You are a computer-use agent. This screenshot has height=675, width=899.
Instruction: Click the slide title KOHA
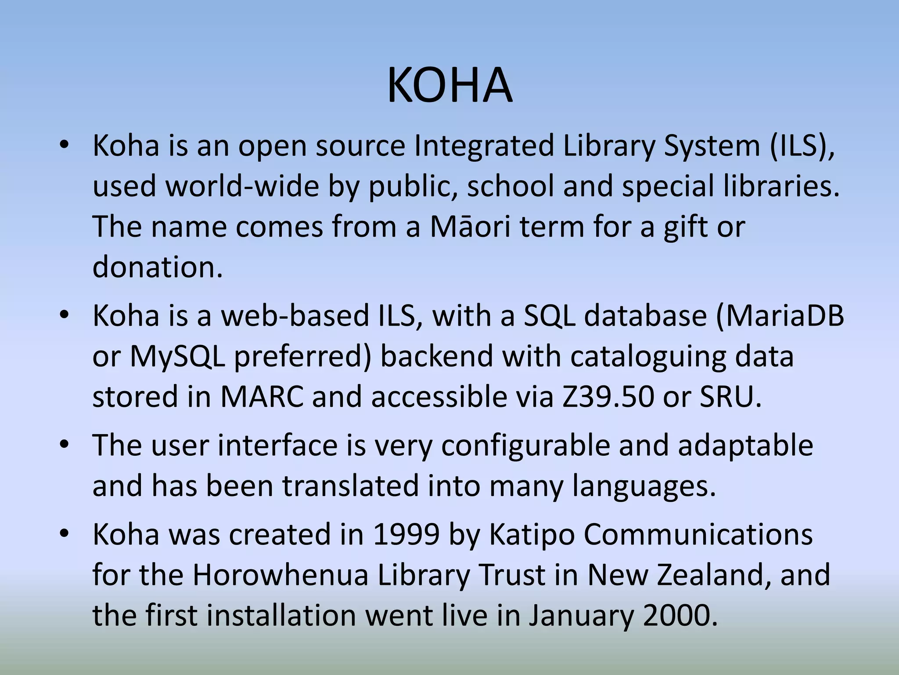click(449, 86)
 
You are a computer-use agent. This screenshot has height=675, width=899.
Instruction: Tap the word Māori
click(470, 227)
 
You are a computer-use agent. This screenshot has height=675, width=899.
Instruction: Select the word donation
click(157, 267)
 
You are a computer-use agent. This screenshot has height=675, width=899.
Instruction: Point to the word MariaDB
click(780, 316)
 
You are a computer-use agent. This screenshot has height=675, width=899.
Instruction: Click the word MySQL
click(177, 356)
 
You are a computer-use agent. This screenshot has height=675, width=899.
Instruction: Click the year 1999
click(406, 535)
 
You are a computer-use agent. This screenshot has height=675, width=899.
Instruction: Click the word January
click(581, 616)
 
